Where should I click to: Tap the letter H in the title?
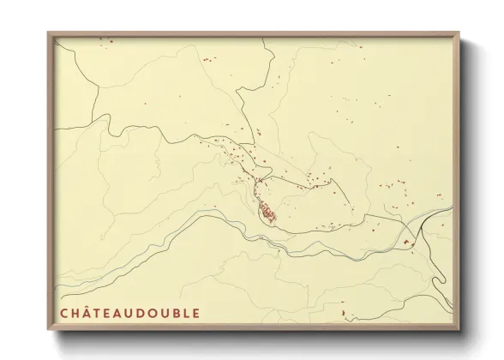pos(75,313)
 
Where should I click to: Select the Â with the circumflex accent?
pos(87,313)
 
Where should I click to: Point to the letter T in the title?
pos(99,313)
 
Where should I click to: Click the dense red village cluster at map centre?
pos(268,212)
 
